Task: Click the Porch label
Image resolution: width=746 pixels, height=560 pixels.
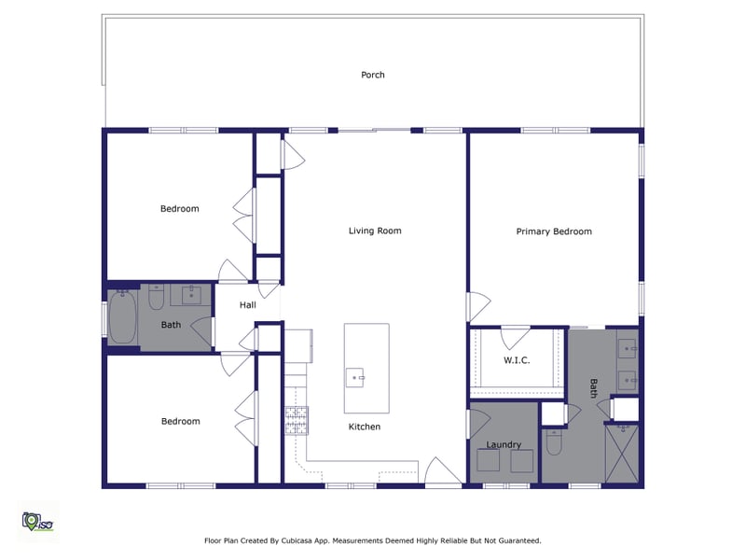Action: tap(373, 75)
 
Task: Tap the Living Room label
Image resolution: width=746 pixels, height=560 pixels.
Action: tap(375, 231)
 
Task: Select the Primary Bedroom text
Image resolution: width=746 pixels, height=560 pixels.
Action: tap(554, 231)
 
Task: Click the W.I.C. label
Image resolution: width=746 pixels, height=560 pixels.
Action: tap(517, 360)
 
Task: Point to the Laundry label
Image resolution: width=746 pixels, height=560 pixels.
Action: tap(504, 445)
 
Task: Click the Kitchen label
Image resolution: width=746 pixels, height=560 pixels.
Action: tap(365, 427)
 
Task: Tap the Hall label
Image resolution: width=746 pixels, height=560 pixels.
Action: tap(247, 304)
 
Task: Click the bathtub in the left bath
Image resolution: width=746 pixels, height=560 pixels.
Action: tap(122, 320)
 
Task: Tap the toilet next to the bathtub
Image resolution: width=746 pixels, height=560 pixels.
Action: tap(157, 299)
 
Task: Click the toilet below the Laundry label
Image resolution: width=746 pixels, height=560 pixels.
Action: tap(553, 443)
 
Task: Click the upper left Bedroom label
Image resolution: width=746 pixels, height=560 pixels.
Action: tap(180, 209)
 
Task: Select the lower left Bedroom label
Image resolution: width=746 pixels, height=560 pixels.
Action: tap(180, 421)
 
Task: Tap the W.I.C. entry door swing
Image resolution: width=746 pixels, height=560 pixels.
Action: tap(516, 336)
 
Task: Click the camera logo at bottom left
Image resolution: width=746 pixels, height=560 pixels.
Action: tap(35, 521)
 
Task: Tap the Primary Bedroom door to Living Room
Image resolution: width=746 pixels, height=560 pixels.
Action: tap(477, 305)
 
